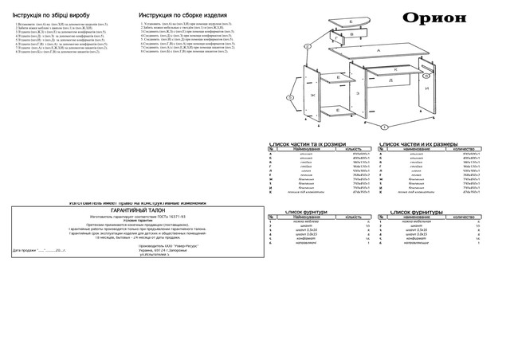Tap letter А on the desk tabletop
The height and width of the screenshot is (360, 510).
(x=378, y=49)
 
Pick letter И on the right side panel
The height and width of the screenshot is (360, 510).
(x=426, y=88)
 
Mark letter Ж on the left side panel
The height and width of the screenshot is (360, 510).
(x=312, y=96)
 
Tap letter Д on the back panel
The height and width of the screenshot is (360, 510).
(x=390, y=80)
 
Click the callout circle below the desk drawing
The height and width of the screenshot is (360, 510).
(x=385, y=127)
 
